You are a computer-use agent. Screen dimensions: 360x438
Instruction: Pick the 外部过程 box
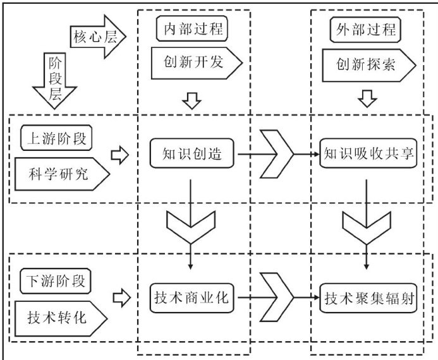click(365, 29)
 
